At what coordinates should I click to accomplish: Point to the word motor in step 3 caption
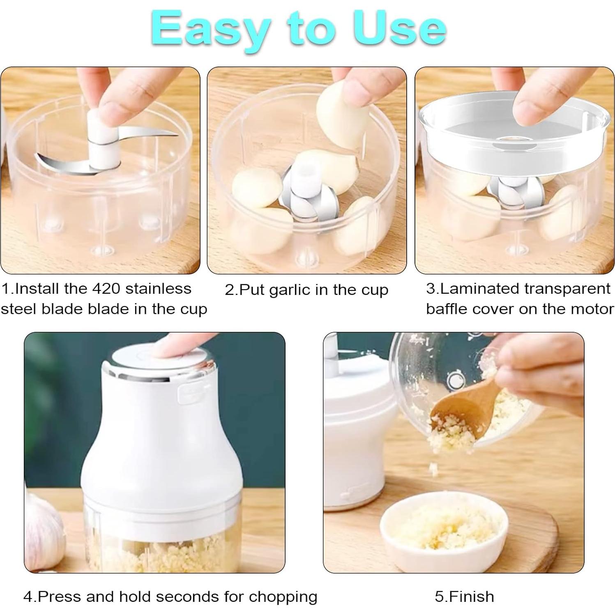(594, 309)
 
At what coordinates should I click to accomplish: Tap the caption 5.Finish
(464, 597)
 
